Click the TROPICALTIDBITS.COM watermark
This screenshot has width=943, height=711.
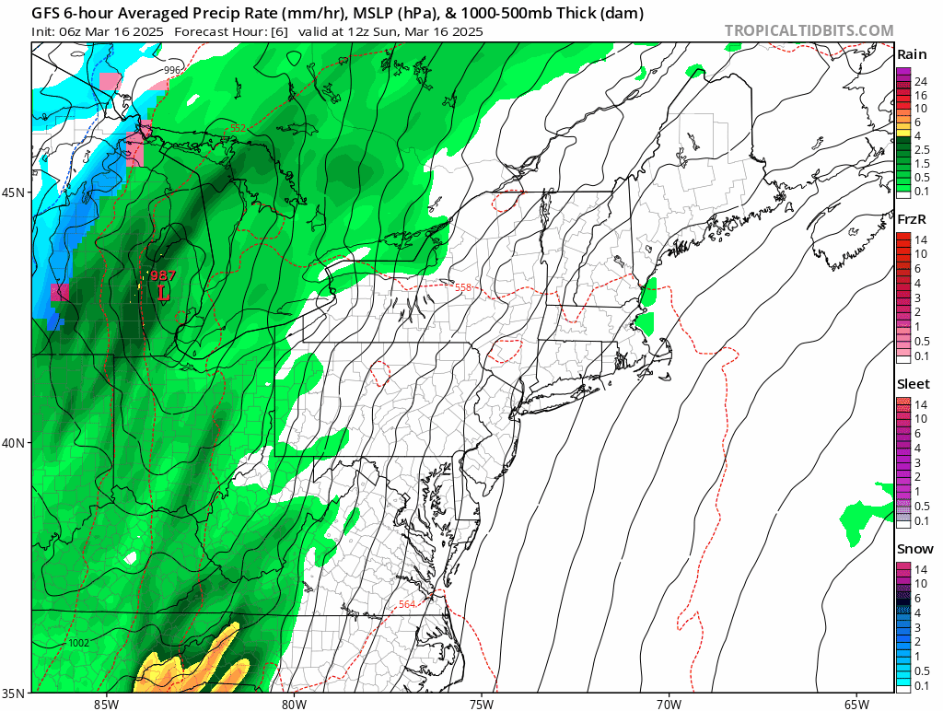click(809, 30)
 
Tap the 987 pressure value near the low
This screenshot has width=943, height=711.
click(163, 275)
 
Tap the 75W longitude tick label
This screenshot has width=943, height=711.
click(481, 704)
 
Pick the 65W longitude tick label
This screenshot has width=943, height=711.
click(856, 704)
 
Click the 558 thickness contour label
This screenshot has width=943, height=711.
click(463, 287)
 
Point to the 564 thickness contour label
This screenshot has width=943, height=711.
click(406, 604)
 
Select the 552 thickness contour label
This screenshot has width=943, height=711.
click(239, 129)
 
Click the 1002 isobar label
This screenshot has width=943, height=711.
click(79, 642)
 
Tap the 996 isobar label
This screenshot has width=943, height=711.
click(172, 70)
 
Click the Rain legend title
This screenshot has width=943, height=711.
click(912, 54)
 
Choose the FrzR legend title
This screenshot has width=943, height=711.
click(912, 220)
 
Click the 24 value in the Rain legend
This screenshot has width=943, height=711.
click(919, 82)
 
